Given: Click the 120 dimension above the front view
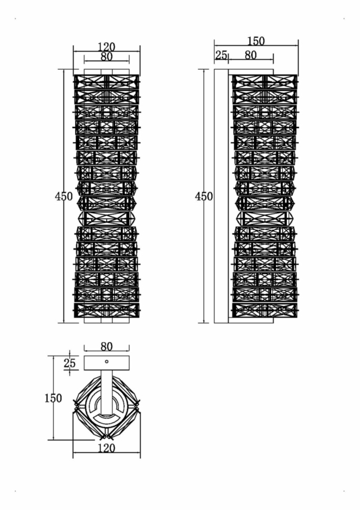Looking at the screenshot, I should [106, 46].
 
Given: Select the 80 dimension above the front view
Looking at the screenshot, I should [106, 57].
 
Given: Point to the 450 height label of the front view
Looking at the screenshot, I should [64, 197].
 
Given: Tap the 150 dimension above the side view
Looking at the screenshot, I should [256, 41].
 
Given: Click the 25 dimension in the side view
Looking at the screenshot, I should [221, 55].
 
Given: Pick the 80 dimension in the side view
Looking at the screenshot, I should [250, 55].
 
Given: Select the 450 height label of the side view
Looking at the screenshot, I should [204, 197].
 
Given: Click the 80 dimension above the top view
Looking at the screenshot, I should [106, 345].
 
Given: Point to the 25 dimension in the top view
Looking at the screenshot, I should [70, 363].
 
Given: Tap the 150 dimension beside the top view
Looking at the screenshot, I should [53, 398].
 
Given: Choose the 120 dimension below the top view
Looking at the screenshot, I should [106, 448].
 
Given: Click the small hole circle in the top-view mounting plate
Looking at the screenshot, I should [106, 362].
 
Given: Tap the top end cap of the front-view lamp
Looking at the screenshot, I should [106, 71].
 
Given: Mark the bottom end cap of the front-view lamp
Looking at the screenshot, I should [106, 320].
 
